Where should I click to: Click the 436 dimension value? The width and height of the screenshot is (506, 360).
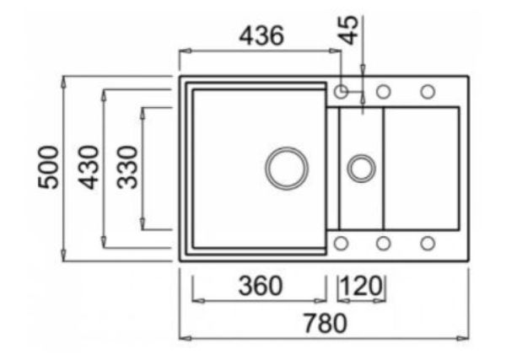[261, 35]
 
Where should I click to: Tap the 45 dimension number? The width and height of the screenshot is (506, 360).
[349, 30]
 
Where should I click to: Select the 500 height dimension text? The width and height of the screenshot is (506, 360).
[48, 167]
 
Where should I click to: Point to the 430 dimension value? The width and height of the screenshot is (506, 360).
[89, 167]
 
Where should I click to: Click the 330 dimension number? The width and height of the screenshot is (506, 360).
[127, 167]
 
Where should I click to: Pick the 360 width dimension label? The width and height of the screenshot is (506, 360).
[260, 286]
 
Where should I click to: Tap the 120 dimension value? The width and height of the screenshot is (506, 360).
[362, 286]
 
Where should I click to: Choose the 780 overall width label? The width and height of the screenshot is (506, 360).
[326, 323]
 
